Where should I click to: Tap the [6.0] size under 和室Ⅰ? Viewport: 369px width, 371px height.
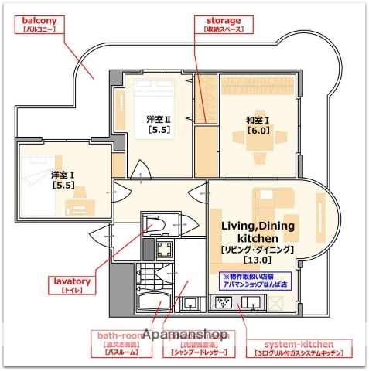coord(258,131)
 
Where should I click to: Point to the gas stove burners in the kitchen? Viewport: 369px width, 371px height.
coord(222,302)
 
